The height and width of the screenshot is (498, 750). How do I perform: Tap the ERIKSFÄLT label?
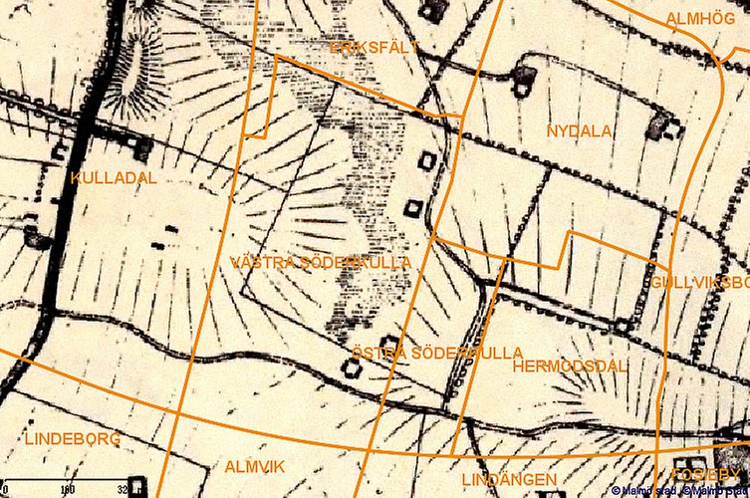pos(374,47)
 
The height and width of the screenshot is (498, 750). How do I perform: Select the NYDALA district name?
pos(579,131)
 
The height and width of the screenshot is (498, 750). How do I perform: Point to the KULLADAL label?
pos(114,177)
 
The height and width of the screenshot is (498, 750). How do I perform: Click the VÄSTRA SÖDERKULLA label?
pos(320,263)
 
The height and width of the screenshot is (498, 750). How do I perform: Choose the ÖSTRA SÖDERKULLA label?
pos(437,354)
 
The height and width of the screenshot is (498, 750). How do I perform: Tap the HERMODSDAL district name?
pos(570,367)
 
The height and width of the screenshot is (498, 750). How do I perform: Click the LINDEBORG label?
pos(71,438)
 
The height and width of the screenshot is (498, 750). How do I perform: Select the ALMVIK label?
pos(255,466)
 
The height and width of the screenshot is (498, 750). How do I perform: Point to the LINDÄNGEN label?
pos(509,479)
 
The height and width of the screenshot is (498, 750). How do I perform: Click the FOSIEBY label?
pos(709,475)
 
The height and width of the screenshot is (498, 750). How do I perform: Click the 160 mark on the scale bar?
pos(68,490)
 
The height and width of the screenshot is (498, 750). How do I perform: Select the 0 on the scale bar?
pos(4,490)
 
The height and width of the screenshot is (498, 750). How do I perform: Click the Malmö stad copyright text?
pos(680,491)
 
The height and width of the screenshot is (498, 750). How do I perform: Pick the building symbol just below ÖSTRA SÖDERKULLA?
pos(351,368)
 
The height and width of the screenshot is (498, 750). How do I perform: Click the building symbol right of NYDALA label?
pos(661,125)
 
